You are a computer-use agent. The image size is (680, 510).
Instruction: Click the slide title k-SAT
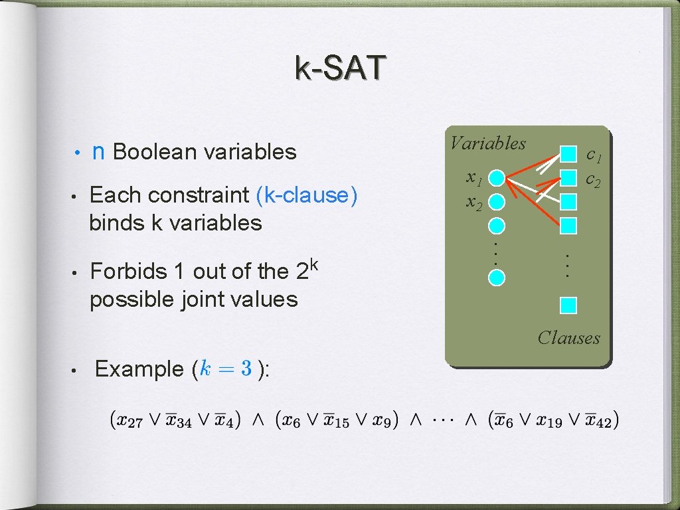click(x=339, y=68)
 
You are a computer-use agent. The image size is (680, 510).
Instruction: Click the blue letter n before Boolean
click(x=98, y=152)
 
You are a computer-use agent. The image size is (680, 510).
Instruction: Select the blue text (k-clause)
click(x=306, y=195)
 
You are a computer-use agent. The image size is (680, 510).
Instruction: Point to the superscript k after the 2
click(x=315, y=264)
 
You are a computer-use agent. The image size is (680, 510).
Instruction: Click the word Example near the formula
click(x=139, y=369)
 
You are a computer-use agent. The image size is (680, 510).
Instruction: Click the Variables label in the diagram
click(x=488, y=143)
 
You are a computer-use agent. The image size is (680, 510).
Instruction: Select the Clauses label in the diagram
click(x=568, y=338)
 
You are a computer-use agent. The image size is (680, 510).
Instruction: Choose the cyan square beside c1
click(x=568, y=154)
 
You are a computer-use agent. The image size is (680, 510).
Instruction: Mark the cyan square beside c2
click(x=568, y=177)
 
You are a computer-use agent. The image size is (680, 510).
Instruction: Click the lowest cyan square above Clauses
click(x=568, y=305)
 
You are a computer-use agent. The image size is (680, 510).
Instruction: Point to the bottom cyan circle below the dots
click(x=495, y=277)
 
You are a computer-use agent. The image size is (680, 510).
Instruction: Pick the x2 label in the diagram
click(x=473, y=202)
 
